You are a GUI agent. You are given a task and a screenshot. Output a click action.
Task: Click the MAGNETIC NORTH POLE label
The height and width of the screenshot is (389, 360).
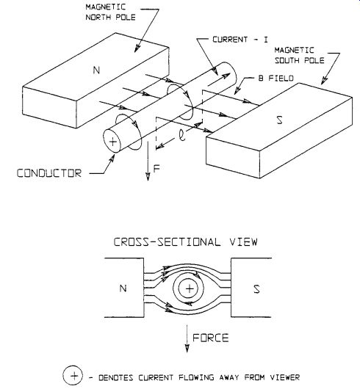pyautogui.click(x=110, y=12)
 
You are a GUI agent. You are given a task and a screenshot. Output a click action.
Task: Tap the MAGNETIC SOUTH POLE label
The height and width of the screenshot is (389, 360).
pyautogui.click(x=300, y=55)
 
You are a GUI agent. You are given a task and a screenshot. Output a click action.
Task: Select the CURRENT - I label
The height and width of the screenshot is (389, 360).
pyautogui.click(x=240, y=40)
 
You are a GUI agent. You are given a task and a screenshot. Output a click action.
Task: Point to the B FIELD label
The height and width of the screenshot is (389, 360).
pyautogui.click(x=276, y=78)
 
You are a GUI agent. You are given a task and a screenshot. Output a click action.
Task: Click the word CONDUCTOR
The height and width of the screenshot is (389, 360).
pyautogui.click(x=49, y=173)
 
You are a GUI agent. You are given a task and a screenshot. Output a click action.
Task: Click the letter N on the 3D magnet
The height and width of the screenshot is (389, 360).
pyautogui.click(x=96, y=70)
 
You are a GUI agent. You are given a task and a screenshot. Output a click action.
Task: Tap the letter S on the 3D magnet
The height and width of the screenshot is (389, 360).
pyautogui.click(x=280, y=120)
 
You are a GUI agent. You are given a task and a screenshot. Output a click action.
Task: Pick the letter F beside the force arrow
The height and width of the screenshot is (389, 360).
pyautogui.click(x=156, y=169)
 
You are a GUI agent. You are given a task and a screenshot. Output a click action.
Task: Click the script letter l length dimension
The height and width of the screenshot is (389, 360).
pyautogui.click(x=182, y=136)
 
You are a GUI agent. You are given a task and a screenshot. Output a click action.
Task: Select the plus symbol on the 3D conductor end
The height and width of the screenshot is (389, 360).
pyautogui.click(x=113, y=142)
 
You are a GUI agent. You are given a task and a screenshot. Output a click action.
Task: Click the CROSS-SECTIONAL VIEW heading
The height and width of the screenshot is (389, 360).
pyautogui.click(x=185, y=242)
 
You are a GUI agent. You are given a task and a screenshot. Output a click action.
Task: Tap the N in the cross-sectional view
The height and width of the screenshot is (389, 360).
pyautogui.click(x=123, y=288)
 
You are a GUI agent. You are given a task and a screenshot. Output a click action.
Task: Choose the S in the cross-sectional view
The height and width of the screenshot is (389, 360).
pyautogui.click(x=256, y=288)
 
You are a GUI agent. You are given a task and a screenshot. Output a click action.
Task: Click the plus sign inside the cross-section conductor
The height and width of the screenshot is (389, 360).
pyautogui.click(x=190, y=288)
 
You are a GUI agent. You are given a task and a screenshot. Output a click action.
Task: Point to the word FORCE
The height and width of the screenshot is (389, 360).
pyautogui.click(x=211, y=338)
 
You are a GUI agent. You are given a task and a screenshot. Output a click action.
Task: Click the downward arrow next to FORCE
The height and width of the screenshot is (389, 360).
pyautogui.click(x=187, y=338)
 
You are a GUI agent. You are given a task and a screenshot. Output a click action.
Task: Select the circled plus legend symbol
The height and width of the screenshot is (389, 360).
pyautogui.click(x=73, y=376)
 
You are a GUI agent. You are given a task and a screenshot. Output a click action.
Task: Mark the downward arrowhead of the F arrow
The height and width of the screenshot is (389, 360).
pyautogui.click(x=148, y=177)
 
